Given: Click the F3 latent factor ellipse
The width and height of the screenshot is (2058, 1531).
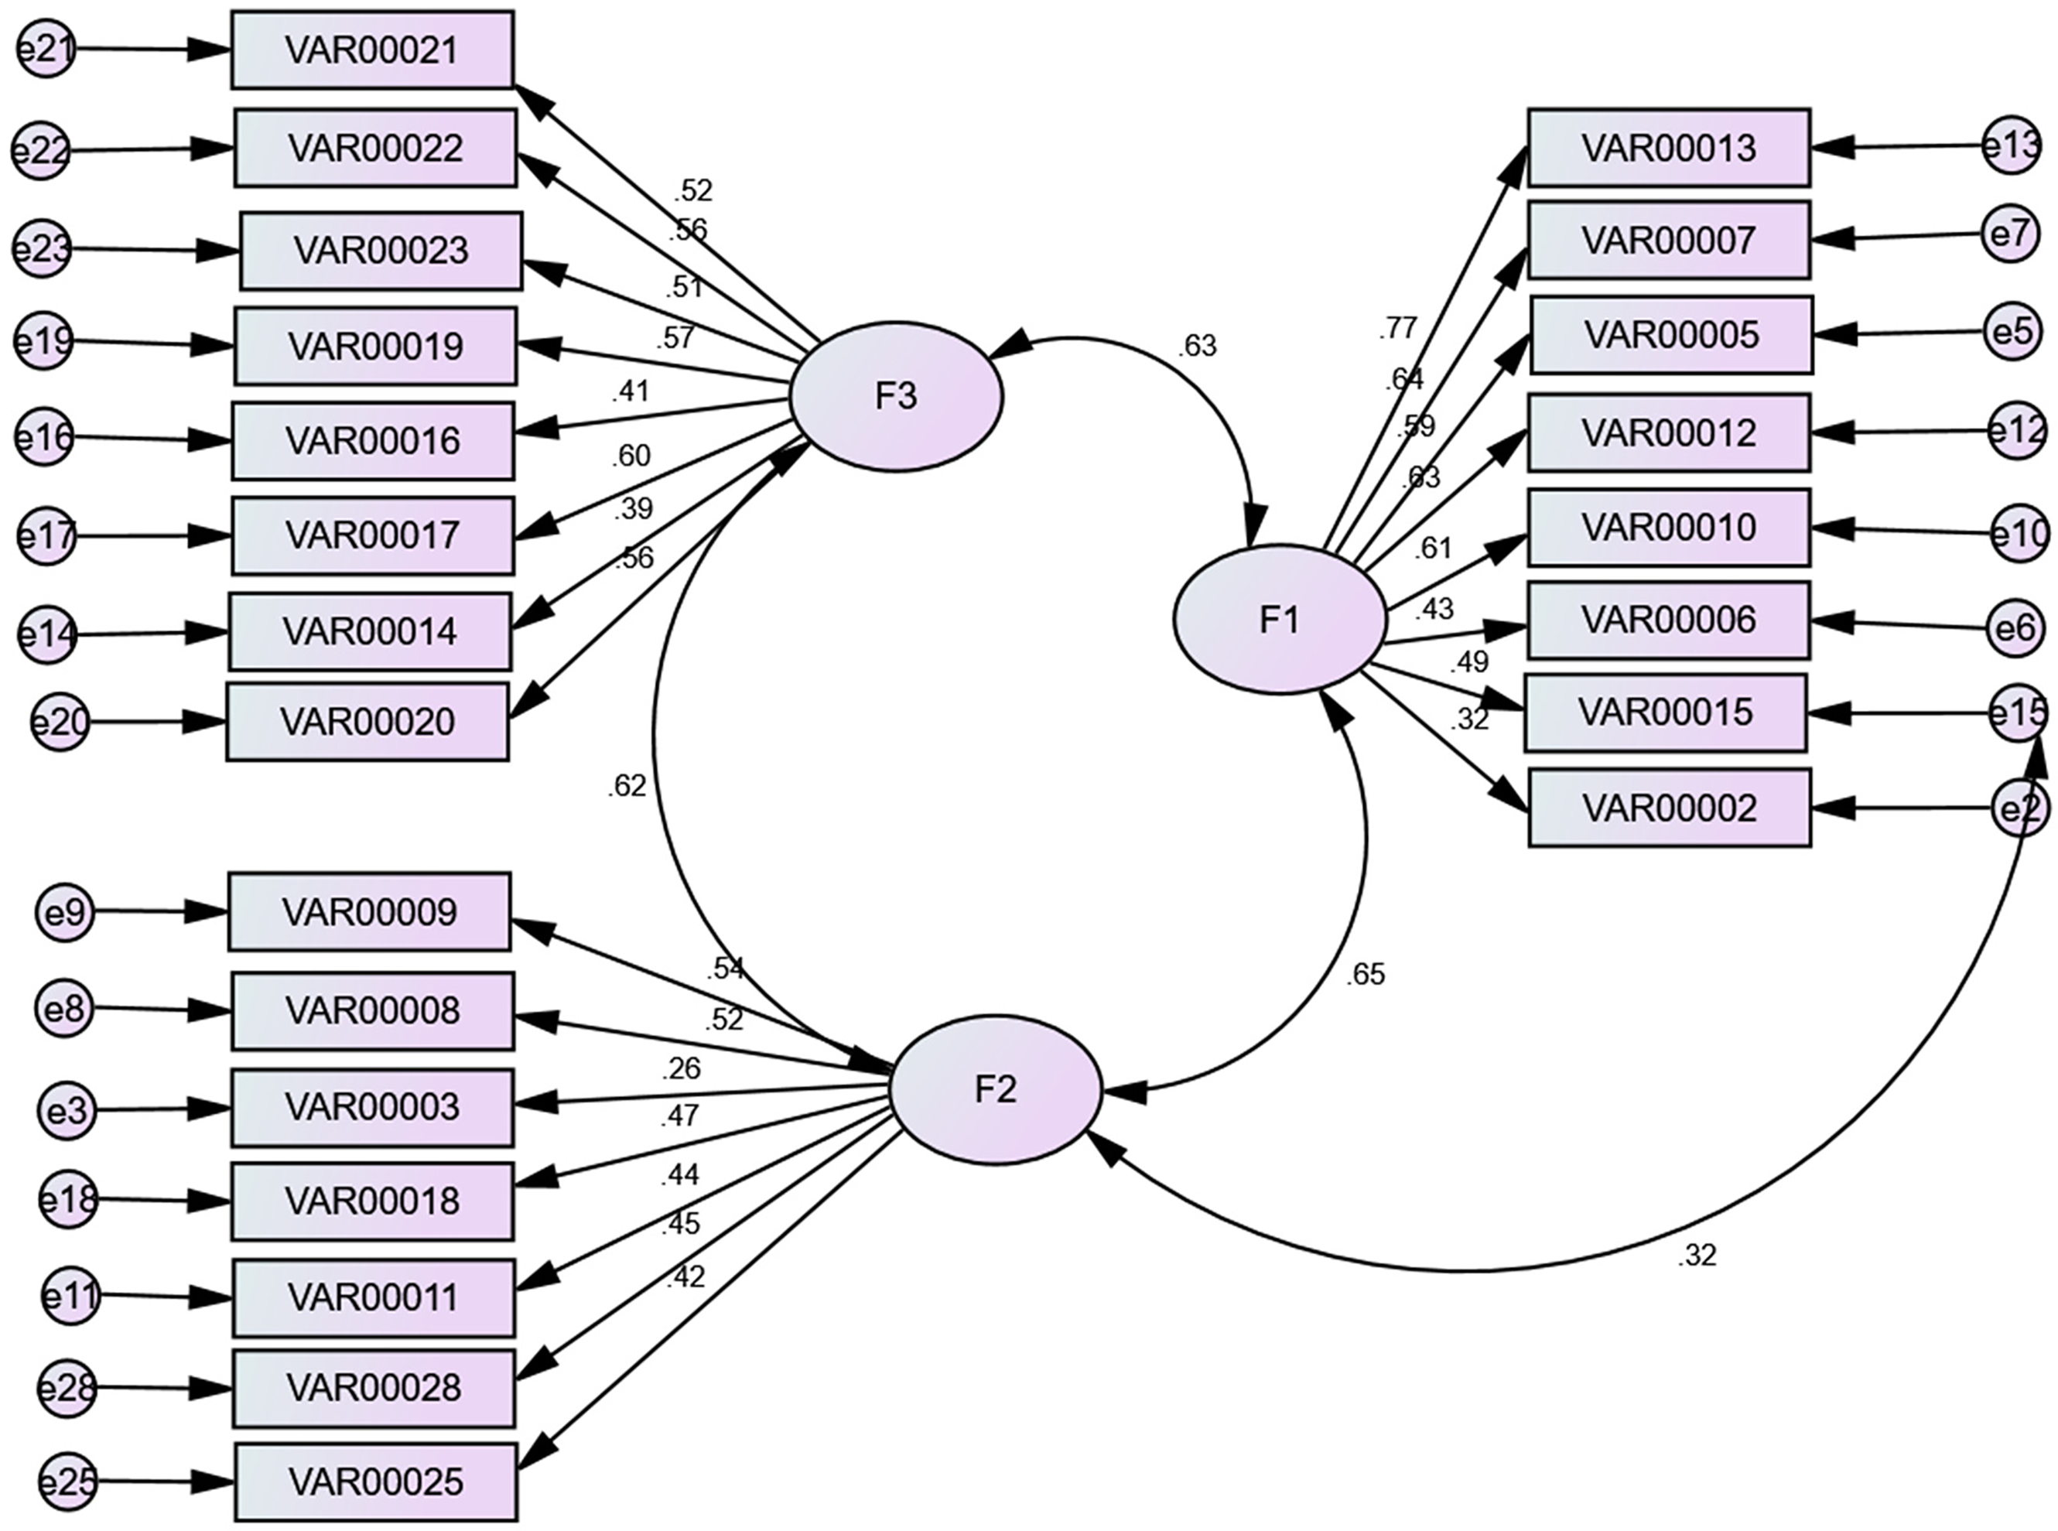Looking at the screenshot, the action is pyautogui.click(x=896, y=397).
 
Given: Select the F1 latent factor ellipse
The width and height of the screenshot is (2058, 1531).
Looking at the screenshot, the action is pyautogui.click(x=1280, y=619).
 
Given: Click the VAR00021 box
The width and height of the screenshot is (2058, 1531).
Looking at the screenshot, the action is pyautogui.click(x=371, y=50).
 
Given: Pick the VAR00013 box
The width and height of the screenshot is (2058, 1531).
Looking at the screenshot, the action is pyautogui.click(x=1669, y=147).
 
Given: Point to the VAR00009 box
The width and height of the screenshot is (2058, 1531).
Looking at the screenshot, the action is pyautogui.click(x=370, y=912).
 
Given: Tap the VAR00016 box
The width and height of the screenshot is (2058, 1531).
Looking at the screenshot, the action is pyautogui.click(x=372, y=441).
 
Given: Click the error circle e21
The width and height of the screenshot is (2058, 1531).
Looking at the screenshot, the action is pyautogui.click(x=44, y=48).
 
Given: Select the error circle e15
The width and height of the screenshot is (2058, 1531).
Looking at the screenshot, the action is pyautogui.click(x=2019, y=713).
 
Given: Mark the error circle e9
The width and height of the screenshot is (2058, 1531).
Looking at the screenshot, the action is pyautogui.click(x=65, y=913).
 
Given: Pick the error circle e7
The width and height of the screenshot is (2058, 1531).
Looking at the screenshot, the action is pyautogui.click(x=2010, y=234).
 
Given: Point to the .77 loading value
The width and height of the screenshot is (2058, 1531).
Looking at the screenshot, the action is pyautogui.click(x=1397, y=328).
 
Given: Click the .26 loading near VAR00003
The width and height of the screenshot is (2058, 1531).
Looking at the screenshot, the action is pyautogui.click(x=681, y=1068).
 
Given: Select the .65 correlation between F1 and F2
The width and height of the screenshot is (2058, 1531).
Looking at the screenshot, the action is pyautogui.click(x=1365, y=974).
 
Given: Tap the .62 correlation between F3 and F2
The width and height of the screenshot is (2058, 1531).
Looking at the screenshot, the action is pyautogui.click(x=627, y=786).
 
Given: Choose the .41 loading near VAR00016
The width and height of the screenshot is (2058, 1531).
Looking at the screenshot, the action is pyautogui.click(x=630, y=392).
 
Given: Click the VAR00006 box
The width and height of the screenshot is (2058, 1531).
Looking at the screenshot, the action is pyautogui.click(x=1668, y=620).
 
